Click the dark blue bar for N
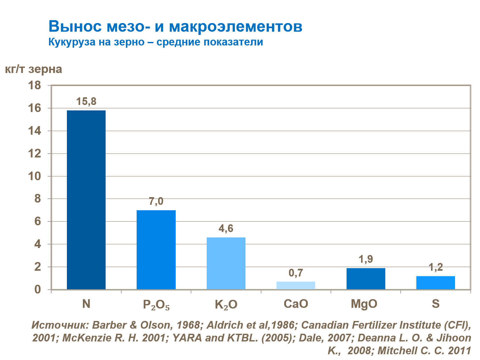pyautogui.click(x=86, y=200)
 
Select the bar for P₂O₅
pyautogui.click(x=156, y=250)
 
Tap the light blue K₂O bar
pyautogui.click(x=226, y=263)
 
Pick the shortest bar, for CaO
pyautogui.click(x=296, y=285)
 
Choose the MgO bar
pyautogui.click(x=366, y=279)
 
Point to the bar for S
pyautogui.click(x=436, y=283)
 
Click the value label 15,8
pyautogui.click(x=86, y=102)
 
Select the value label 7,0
pyautogui.click(x=156, y=202)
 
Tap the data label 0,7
pyautogui.click(x=296, y=273)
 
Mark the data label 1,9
pyautogui.click(x=366, y=259)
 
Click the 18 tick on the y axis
pyautogui.click(x=35, y=85)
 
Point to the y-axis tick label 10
pyautogui.click(x=35, y=176)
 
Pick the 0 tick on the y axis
pyautogui.click(x=38, y=290)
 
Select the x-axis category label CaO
pyautogui.click(x=296, y=304)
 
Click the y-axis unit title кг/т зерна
pyautogui.click(x=34, y=69)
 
